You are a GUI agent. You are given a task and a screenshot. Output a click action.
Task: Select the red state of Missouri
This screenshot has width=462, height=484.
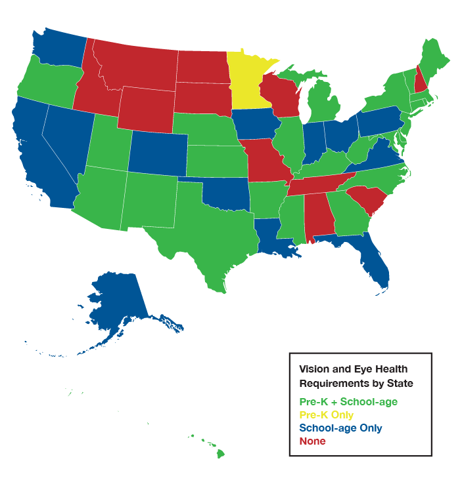click(266, 161)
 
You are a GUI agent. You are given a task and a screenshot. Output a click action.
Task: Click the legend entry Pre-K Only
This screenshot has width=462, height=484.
click(326, 415)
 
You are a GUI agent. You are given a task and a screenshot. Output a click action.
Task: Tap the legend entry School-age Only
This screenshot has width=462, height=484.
click(340, 428)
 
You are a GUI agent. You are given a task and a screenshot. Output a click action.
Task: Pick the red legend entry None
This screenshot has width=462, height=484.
click(312, 441)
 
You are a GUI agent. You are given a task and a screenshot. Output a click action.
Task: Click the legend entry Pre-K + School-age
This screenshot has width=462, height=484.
click(348, 401)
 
